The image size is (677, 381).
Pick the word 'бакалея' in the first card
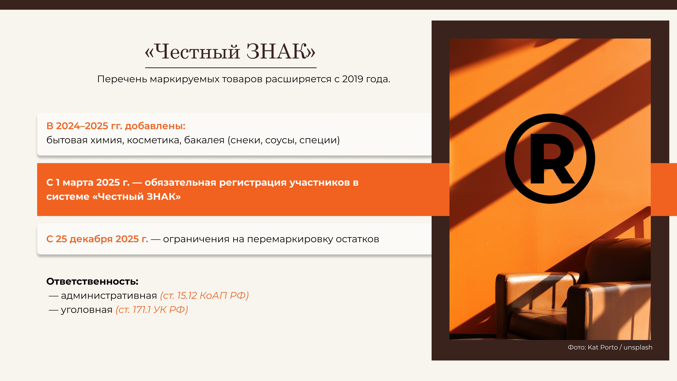204,140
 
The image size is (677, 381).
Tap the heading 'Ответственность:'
92,281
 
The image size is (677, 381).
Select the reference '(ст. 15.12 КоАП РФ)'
204,296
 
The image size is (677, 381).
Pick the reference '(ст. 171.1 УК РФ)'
152,310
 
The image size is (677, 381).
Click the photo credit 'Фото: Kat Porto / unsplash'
610,347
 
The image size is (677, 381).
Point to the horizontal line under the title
231,68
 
